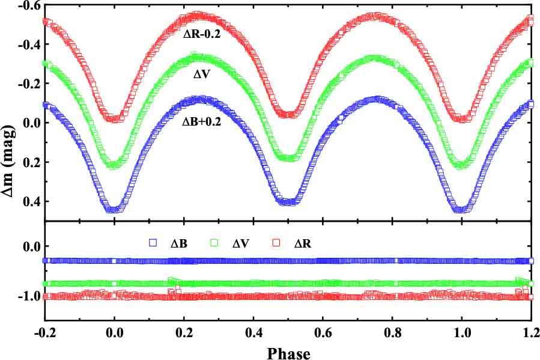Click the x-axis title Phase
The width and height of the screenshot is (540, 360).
tap(288, 352)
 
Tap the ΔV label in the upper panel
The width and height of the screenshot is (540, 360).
tap(202, 76)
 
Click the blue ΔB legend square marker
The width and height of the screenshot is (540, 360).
tap(153, 243)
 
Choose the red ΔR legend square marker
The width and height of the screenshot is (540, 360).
tap(279, 243)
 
